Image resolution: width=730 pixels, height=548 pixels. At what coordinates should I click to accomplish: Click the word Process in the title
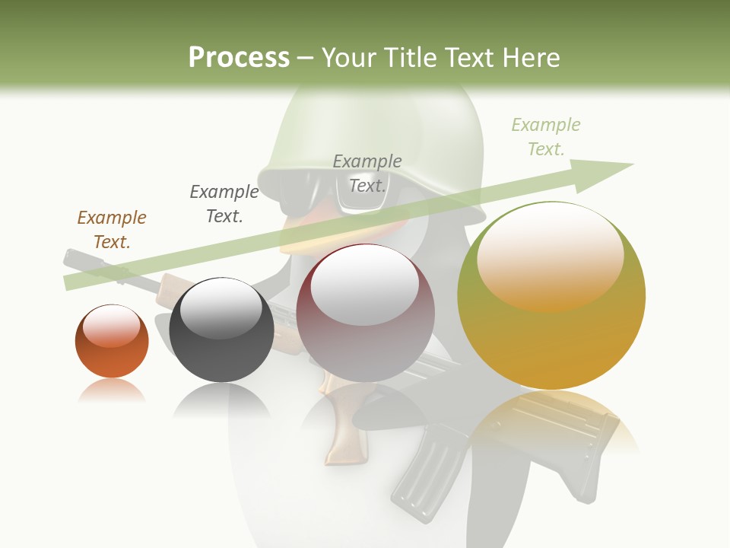pyautogui.click(x=239, y=58)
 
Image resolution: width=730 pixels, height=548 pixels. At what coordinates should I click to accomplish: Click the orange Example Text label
pyautogui.click(x=112, y=230)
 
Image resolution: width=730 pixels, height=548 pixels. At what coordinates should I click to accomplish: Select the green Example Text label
pyautogui.click(x=545, y=137)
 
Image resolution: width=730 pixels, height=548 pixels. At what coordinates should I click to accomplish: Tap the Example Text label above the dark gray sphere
pyautogui.click(x=224, y=204)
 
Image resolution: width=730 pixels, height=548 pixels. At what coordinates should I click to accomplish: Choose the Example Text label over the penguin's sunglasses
pyautogui.click(x=367, y=174)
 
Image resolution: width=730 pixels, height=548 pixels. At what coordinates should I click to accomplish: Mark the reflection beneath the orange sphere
pyautogui.click(x=112, y=391)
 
